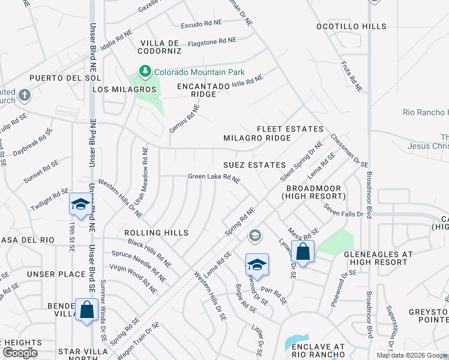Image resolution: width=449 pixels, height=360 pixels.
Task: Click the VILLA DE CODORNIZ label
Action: point(160,47)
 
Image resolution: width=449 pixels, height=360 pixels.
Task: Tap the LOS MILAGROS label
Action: point(124,89)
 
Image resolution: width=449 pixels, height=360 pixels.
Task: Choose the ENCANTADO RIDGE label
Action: point(203,90)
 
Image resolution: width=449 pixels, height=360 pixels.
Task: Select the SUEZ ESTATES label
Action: point(254,164)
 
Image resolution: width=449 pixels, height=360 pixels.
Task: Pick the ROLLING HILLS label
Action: point(156,233)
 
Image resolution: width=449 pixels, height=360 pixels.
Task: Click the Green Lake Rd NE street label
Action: point(214,177)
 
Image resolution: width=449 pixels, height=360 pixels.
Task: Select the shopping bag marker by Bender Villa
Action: point(87,310)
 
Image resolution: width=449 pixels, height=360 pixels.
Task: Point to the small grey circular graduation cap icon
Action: point(255,236)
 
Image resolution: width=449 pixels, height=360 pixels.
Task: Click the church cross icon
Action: point(24,95)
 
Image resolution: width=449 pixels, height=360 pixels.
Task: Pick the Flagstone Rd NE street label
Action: point(212,41)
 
